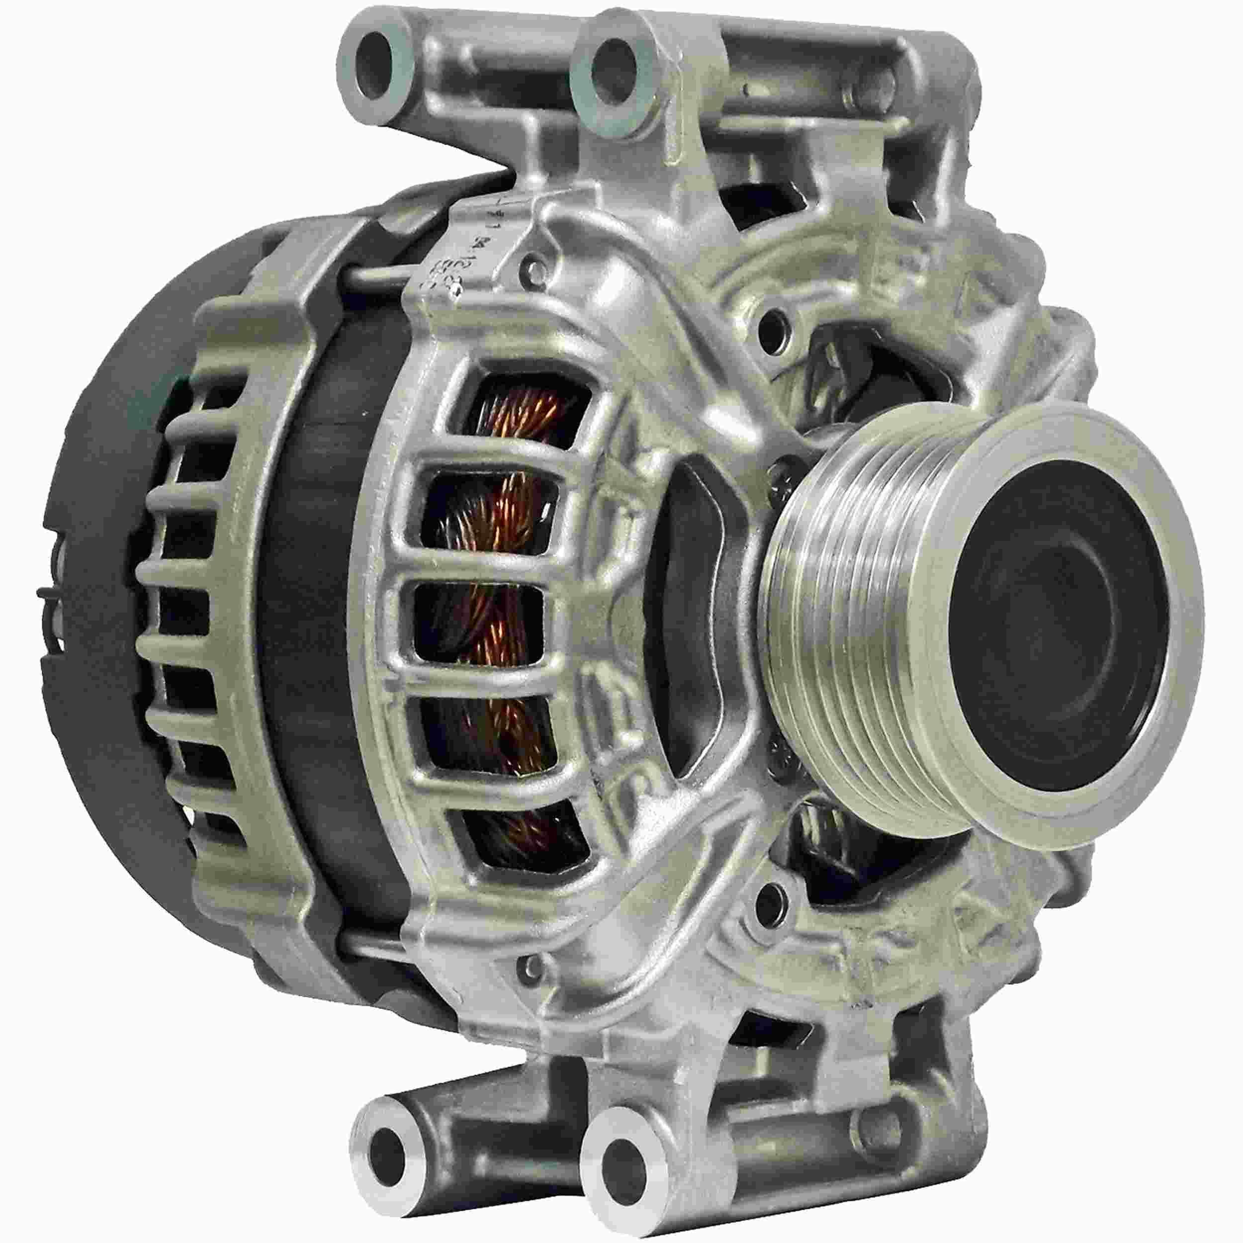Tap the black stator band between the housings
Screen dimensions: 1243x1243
309,643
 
